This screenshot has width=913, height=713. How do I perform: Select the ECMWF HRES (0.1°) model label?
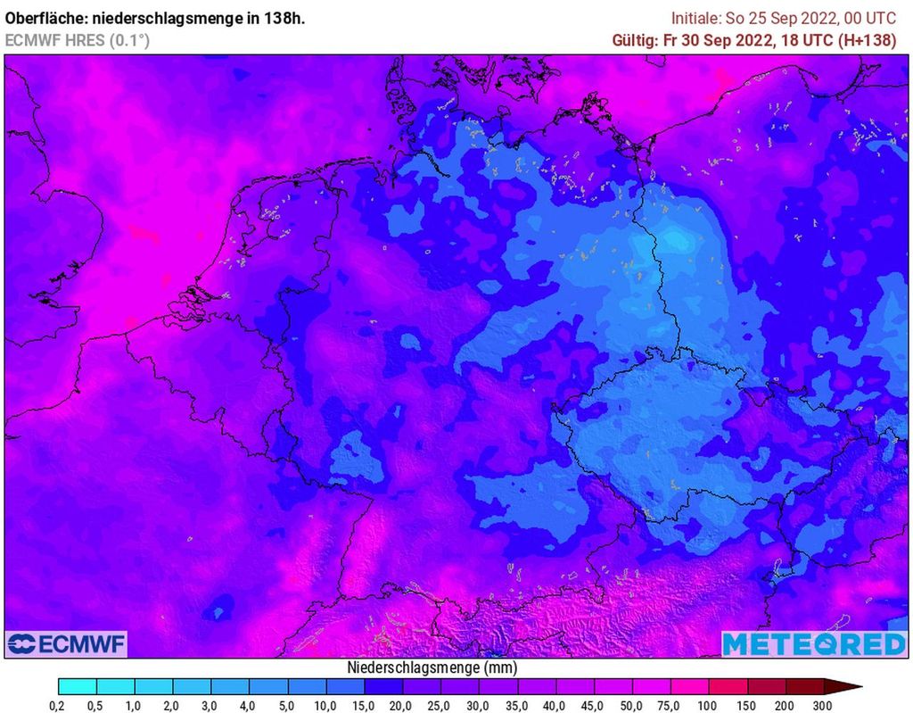pos(78,40)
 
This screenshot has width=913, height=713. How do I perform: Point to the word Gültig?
pos(633,40)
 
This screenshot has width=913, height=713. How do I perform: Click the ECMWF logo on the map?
pos(66,643)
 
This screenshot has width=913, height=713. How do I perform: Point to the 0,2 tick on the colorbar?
pos(58,706)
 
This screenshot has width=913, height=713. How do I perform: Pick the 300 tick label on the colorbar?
pos(823,706)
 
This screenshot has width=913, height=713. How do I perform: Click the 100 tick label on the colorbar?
pos(708,706)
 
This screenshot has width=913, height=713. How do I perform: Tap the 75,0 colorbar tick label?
pos(670,706)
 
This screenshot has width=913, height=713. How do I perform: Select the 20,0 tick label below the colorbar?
pos(402,706)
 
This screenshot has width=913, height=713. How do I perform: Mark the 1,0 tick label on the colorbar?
pos(135,706)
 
